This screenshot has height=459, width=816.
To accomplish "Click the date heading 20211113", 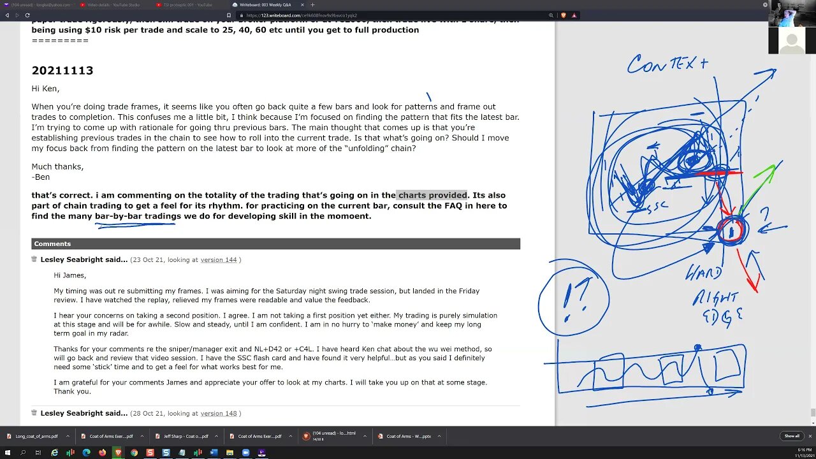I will click(62, 71).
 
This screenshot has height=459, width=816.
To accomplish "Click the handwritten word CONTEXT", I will click(667, 64).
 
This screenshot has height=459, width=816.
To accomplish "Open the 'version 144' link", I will click(218, 260).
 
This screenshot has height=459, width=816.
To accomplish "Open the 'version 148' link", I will click(218, 413).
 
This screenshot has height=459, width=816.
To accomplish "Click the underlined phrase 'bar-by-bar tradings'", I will click(138, 216).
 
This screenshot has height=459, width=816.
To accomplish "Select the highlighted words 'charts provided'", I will click(432, 195).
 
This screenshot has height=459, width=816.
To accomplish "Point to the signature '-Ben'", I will click(40, 177).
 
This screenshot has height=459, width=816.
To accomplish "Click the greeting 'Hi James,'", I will click(69, 275).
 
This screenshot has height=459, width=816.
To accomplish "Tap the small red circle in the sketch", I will click(731, 231).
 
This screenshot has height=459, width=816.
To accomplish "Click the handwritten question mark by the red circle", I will click(764, 215).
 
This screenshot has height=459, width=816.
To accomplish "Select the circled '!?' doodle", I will click(573, 298).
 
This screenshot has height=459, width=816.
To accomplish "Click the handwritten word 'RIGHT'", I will click(717, 298).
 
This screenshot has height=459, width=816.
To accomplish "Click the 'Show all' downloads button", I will click(791, 436).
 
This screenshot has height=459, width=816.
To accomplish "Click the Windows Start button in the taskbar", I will click(7, 453).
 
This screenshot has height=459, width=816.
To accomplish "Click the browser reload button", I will click(27, 15).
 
